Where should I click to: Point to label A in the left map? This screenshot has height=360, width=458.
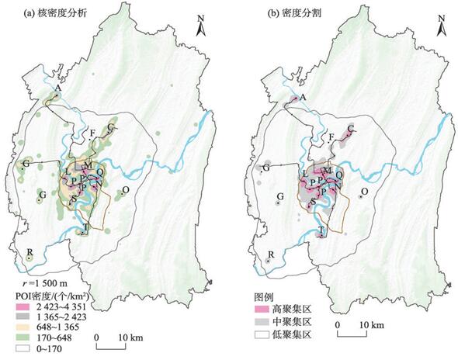(57, 89)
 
